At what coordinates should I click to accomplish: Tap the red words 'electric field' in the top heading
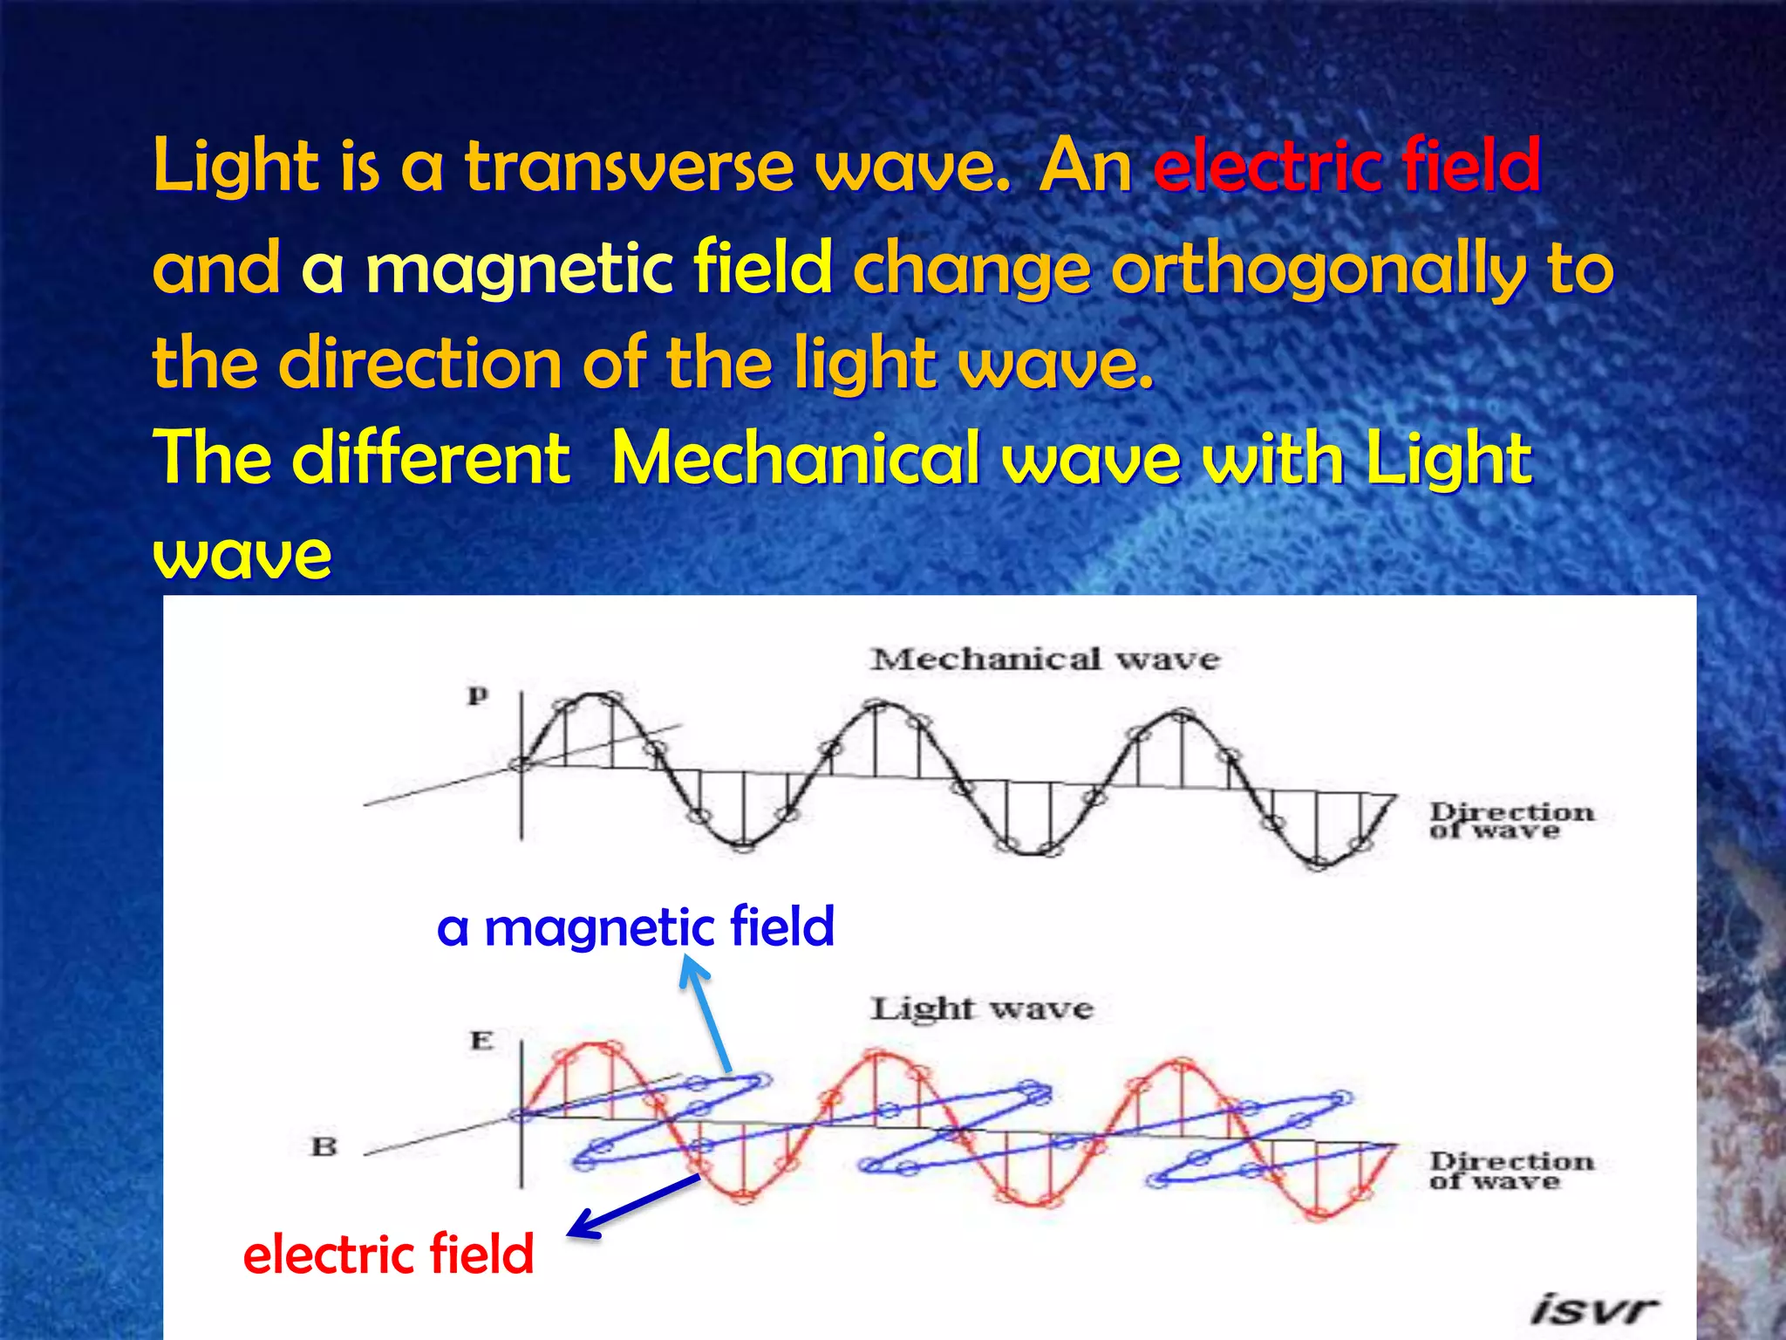tap(1347, 166)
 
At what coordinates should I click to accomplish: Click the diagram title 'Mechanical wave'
tap(1045, 660)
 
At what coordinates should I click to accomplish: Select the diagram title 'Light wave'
tap(982, 1009)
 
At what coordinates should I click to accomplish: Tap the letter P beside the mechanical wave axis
tap(478, 696)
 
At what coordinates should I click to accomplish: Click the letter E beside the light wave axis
tap(481, 1041)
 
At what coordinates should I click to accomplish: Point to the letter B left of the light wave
tap(324, 1146)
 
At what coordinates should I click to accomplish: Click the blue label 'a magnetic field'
tap(635, 926)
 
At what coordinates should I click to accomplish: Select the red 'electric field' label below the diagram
tap(388, 1255)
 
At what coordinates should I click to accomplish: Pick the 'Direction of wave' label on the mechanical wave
tap(1511, 821)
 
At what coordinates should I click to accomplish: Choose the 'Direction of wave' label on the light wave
tap(1511, 1171)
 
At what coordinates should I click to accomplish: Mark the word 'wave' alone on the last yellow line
tap(242, 555)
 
